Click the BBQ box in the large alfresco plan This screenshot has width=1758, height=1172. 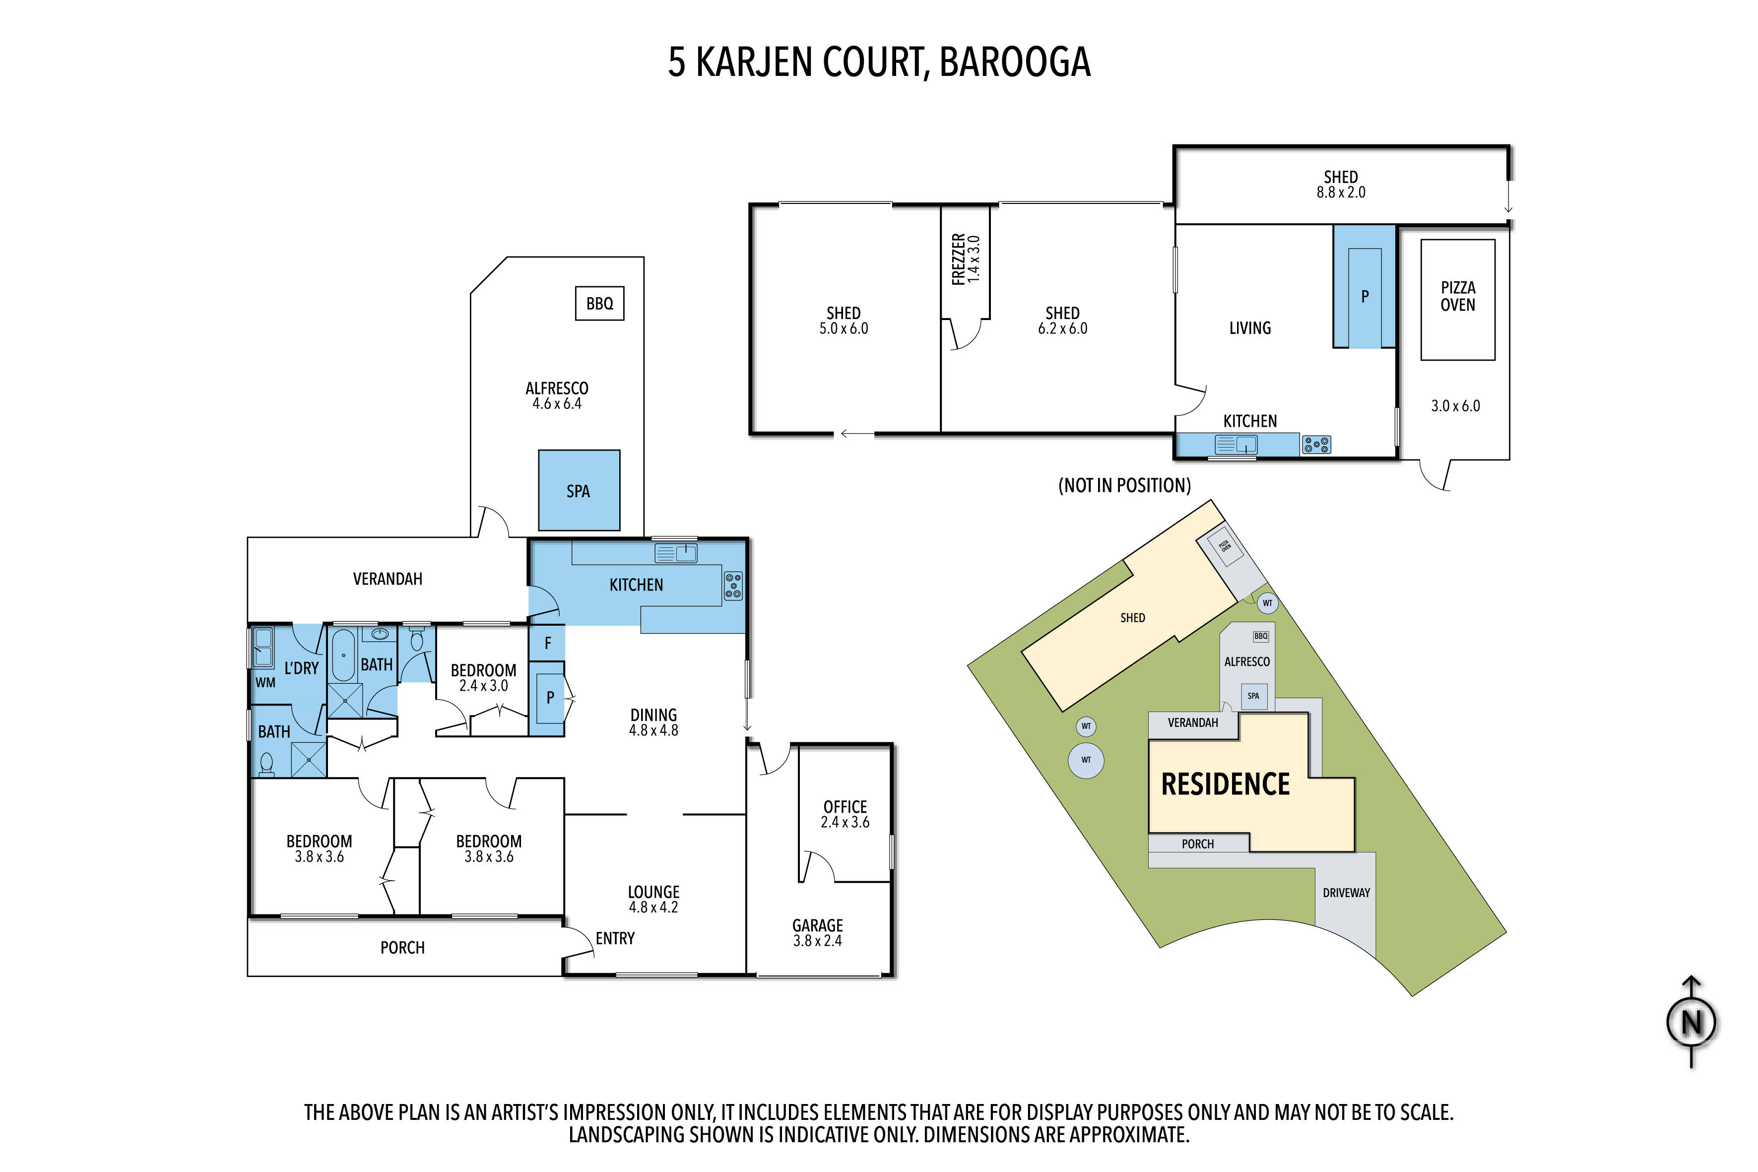[599, 304]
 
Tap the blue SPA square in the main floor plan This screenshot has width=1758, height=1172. [579, 490]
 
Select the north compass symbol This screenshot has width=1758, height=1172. [1692, 1022]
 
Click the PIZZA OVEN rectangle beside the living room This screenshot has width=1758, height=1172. [1457, 300]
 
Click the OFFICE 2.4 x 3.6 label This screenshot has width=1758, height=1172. [846, 814]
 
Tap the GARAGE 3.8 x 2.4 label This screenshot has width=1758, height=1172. [818, 933]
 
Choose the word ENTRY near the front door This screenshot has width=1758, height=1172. [615, 938]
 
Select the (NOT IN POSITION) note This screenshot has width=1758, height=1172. [1124, 486]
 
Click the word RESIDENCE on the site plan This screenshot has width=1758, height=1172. [1225, 784]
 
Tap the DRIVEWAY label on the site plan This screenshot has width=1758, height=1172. [1346, 893]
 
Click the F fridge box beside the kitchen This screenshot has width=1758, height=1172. [547, 643]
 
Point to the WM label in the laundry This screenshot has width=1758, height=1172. [265, 682]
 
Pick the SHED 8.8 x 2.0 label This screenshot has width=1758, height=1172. [1341, 184]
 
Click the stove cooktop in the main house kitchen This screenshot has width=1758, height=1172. [733, 586]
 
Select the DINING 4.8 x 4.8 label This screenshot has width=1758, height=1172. [653, 722]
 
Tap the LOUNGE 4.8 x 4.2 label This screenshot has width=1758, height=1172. [653, 899]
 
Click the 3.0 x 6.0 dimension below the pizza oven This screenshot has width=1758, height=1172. [1455, 406]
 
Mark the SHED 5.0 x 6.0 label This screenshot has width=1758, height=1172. [844, 321]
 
